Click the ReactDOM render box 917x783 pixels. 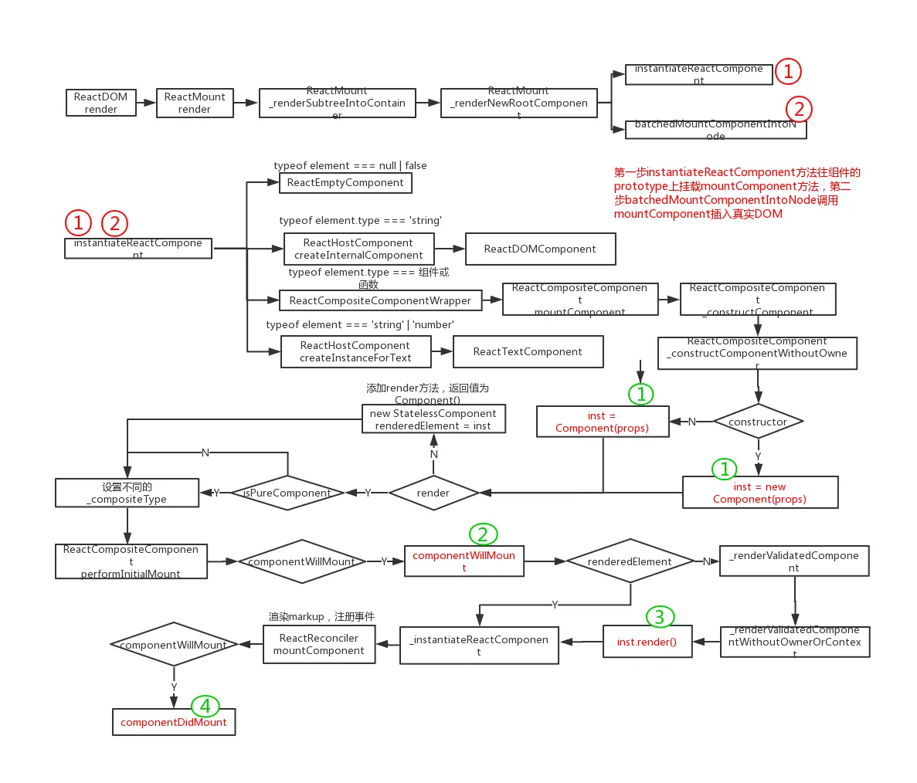coord(101,103)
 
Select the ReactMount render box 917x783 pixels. coord(195,103)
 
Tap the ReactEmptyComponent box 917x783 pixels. coord(345,183)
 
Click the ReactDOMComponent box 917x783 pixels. coord(540,249)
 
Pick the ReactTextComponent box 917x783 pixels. coord(528,351)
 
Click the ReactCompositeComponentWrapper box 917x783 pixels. coord(380,300)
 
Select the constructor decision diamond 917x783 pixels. coord(758,422)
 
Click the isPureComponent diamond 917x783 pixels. coord(287,493)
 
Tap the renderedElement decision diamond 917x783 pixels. coord(630,561)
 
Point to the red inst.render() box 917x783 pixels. coord(647,642)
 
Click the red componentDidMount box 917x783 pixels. coord(174,722)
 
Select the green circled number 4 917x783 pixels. coord(205,706)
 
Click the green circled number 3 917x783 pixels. coord(660,616)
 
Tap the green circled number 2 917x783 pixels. coord(483,534)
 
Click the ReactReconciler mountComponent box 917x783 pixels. coord(319,644)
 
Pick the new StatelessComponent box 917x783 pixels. coord(433,419)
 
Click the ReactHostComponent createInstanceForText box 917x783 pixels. coord(355,351)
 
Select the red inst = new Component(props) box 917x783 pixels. coord(759,493)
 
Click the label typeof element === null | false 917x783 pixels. coord(350,165)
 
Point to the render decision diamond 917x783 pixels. coord(433,493)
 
